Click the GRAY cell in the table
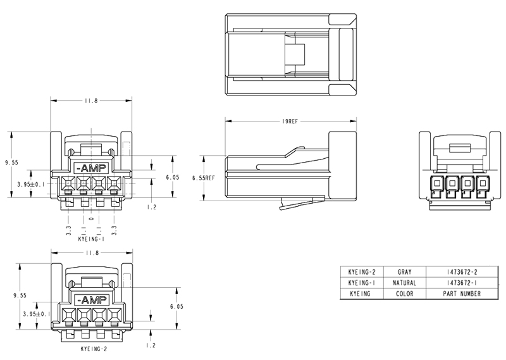coord(404,272)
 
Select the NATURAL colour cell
coord(404,283)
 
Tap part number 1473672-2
coord(462,272)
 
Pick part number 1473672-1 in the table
coord(462,283)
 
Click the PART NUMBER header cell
coord(462,294)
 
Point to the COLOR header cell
coord(404,294)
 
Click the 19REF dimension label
coord(290,121)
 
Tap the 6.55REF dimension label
coord(203,178)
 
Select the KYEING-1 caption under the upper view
coord(91,239)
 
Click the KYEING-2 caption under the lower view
coord(94,349)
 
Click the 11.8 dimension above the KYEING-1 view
coord(91,101)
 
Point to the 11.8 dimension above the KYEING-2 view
coord(92,253)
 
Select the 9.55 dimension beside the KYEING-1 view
coord(11,163)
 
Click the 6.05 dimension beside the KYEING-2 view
coord(176,306)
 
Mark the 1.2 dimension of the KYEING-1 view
coord(152,207)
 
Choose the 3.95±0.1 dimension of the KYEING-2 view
coord(37,314)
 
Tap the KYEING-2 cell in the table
coord(362,272)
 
